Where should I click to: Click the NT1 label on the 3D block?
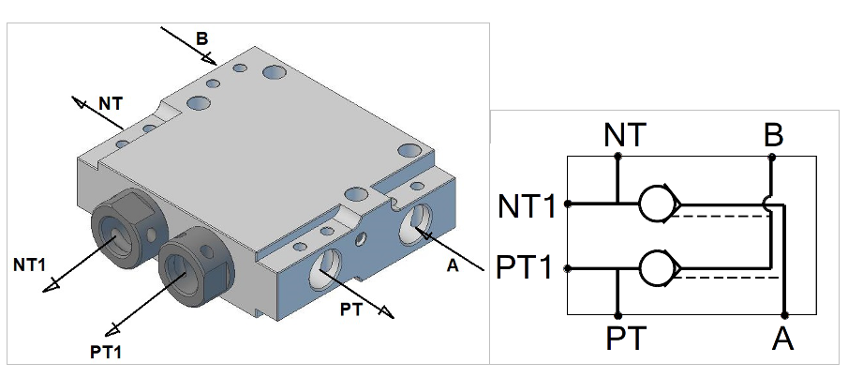(x=30, y=265)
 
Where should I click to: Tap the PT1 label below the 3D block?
(x=106, y=352)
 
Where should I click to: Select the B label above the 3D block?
(x=201, y=38)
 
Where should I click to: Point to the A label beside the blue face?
(x=453, y=265)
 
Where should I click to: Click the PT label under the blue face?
(x=351, y=310)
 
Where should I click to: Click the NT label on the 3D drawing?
(x=111, y=103)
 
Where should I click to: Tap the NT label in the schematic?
(x=625, y=135)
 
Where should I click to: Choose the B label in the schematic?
(x=774, y=135)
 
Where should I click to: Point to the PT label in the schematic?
(x=626, y=338)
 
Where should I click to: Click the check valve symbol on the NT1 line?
(x=660, y=204)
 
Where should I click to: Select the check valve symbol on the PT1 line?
(x=660, y=268)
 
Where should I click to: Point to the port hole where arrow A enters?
(x=415, y=223)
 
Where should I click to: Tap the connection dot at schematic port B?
(x=772, y=157)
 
